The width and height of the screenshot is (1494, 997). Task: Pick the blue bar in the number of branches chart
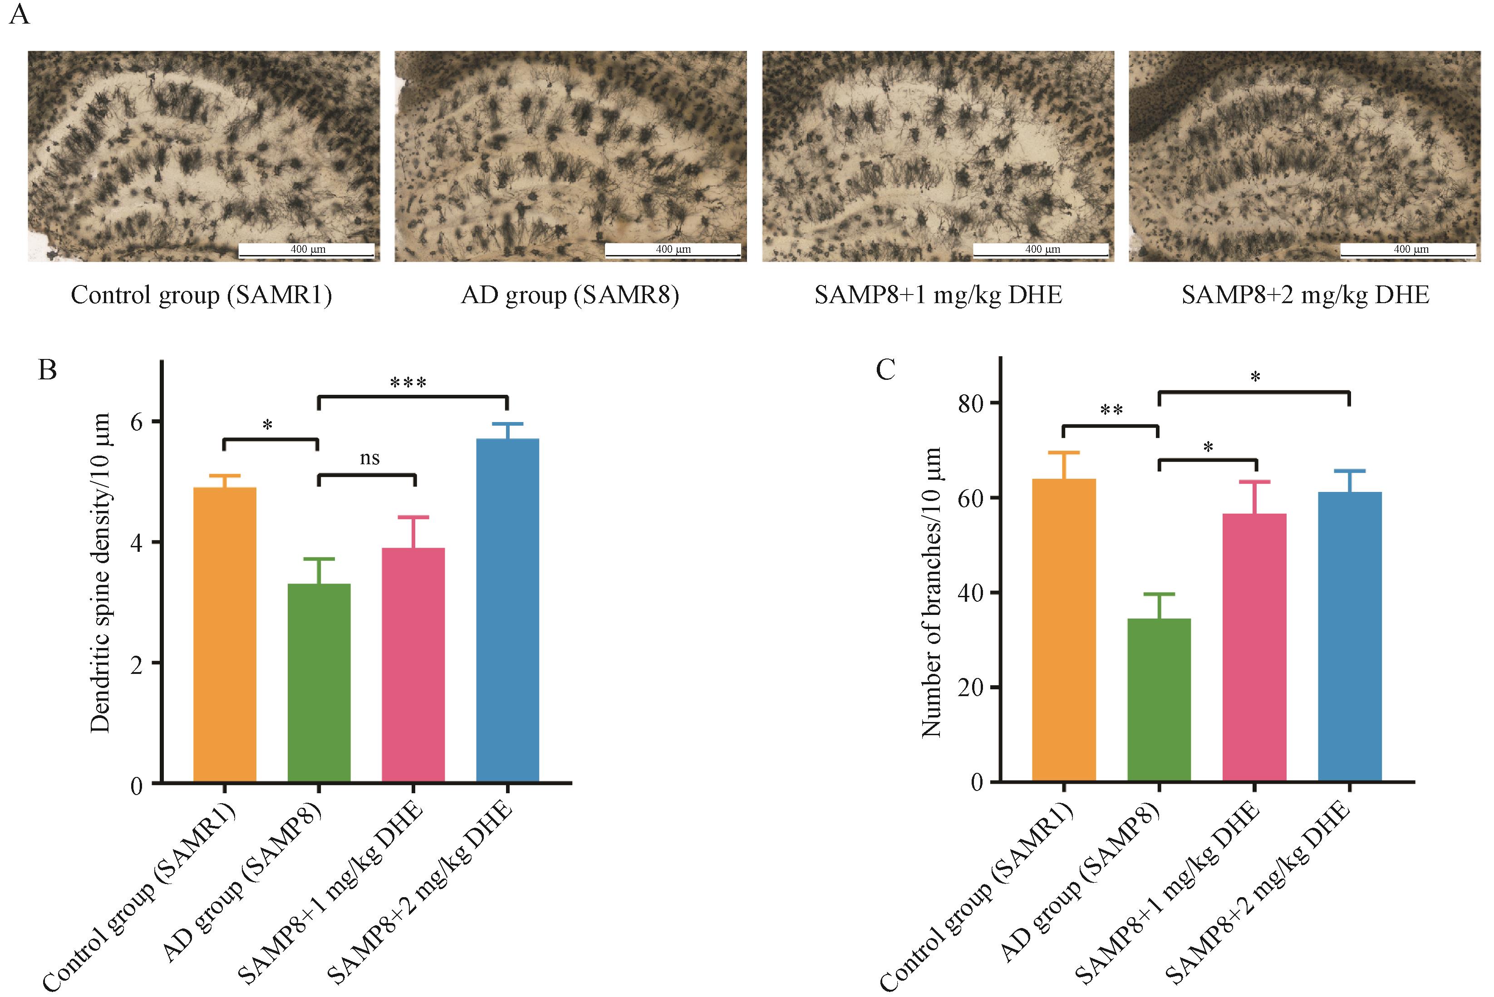point(1349,636)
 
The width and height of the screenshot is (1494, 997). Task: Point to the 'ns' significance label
point(369,458)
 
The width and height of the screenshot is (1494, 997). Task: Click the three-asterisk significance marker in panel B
point(408,383)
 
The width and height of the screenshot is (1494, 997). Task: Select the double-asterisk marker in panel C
point(1111,411)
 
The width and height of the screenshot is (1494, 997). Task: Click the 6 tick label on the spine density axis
point(136,422)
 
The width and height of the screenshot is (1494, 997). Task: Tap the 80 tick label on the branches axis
point(971,403)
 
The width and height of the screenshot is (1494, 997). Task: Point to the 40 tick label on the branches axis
point(971,593)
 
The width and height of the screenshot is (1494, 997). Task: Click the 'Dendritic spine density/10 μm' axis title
point(100,572)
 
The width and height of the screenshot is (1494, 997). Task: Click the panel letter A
point(19,14)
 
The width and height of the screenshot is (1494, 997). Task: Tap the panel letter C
point(885,369)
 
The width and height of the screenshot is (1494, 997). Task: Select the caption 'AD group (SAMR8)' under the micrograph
point(570,295)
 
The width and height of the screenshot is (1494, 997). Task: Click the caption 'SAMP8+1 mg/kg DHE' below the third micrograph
point(938,295)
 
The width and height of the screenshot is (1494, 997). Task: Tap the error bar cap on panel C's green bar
point(1158,594)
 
